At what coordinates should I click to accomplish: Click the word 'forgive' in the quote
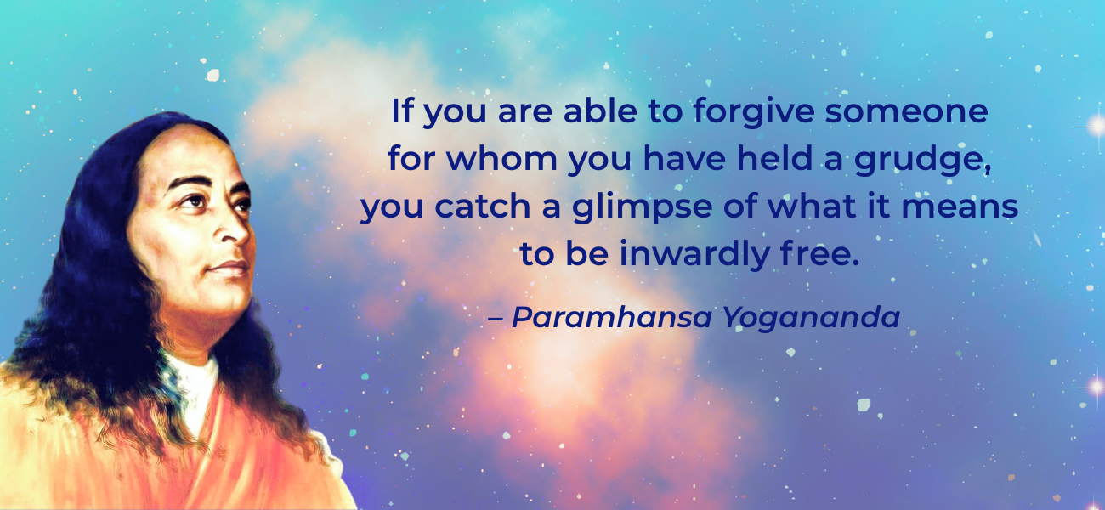click(x=754, y=112)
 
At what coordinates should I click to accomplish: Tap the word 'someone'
click(x=907, y=112)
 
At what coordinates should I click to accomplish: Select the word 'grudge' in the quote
click(x=919, y=160)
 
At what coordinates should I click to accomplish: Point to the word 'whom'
click(x=501, y=159)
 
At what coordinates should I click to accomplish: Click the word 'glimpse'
click(x=642, y=207)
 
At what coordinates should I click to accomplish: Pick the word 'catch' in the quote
click(x=483, y=207)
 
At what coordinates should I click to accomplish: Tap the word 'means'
click(x=960, y=207)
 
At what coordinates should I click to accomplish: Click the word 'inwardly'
click(x=694, y=255)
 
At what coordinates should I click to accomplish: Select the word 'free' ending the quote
click(x=815, y=253)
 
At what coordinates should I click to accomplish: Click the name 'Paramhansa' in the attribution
click(x=612, y=317)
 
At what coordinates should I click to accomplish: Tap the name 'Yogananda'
click(x=812, y=318)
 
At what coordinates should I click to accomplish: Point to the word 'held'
click(x=774, y=159)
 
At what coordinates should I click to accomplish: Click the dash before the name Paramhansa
click(x=496, y=319)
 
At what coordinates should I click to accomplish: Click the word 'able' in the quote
click(x=600, y=110)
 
